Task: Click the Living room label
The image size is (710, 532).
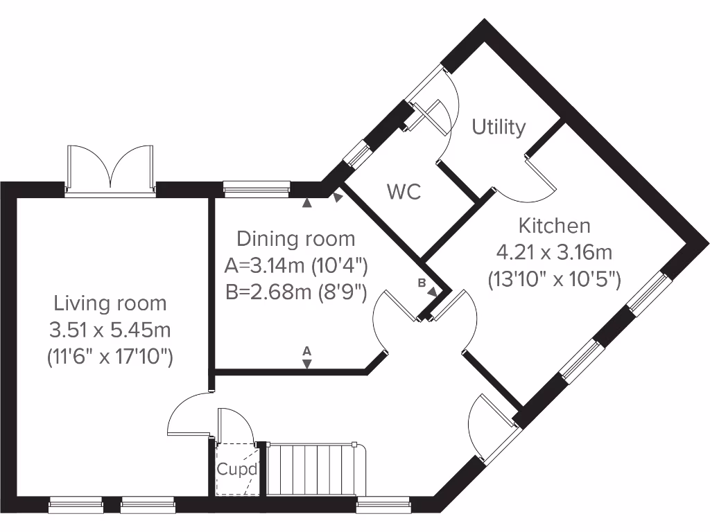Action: pos(110,303)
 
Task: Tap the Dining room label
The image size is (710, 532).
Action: pos(296,239)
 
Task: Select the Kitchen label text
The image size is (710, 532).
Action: pos(555,226)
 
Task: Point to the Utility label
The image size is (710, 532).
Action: pos(499,127)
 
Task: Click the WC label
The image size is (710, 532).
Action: pos(404,192)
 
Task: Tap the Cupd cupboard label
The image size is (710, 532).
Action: pos(237,469)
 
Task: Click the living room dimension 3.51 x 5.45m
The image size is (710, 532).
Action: pos(110,330)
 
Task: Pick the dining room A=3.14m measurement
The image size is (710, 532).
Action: pos(296,265)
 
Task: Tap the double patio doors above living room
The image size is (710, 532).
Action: pos(110,168)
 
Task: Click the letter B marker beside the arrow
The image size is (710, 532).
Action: pos(422,283)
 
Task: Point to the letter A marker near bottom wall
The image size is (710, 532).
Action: pos(307,351)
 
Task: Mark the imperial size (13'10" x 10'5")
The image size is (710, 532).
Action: pos(555,279)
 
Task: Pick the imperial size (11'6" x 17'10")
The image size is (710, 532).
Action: pos(110,357)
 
